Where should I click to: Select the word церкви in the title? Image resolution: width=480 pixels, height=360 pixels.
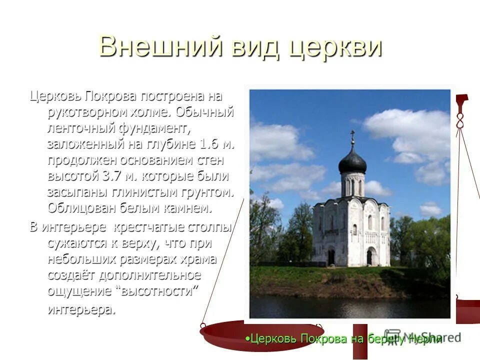[333, 47]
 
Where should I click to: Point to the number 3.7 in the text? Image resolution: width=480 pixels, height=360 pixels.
[113, 176]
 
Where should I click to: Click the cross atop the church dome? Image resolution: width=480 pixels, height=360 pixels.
[352, 135]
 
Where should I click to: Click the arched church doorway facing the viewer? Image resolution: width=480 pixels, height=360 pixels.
[369, 256]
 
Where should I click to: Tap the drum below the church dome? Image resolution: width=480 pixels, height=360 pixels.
[352, 184]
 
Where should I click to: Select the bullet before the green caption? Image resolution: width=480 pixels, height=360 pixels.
[247, 338]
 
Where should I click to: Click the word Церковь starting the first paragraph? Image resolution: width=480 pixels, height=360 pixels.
[55, 95]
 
